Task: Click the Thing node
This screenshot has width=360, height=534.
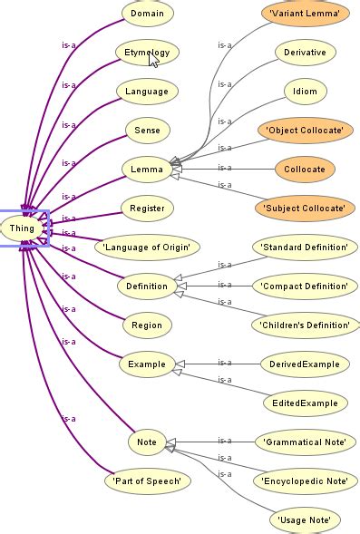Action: (x=22, y=228)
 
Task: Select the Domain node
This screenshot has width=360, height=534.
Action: (x=147, y=14)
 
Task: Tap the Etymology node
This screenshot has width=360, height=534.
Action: (x=147, y=53)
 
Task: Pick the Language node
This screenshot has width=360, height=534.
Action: (x=147, y=92)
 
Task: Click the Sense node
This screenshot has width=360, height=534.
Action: (x=147, y=131)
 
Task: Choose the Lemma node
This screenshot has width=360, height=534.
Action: (x=147, y=169)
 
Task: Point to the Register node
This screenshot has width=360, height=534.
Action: (x=147, y=208)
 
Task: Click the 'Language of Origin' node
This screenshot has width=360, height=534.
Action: (x=147, y=247)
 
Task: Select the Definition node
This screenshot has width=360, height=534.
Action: (x=147, y=286)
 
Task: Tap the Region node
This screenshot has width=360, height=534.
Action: (x=147, y=325)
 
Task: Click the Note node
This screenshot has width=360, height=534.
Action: (x=147, y=442)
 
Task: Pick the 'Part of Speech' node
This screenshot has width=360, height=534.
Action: (x=147, y=481)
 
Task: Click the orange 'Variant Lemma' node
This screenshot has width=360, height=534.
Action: (x=305, y=14)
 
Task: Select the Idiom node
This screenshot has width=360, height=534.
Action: (x=305, y=92)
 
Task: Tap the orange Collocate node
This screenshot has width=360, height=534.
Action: (x=305, y=169)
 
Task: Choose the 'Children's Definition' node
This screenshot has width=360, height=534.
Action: (x=305, y=325)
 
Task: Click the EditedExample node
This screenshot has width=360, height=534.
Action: (x=305, y=403)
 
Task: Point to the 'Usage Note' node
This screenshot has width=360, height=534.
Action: (x=305, y=520)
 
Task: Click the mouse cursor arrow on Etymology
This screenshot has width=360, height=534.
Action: (x=154, y=61)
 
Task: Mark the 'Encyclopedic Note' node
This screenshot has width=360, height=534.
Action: (x=305, y=481)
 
